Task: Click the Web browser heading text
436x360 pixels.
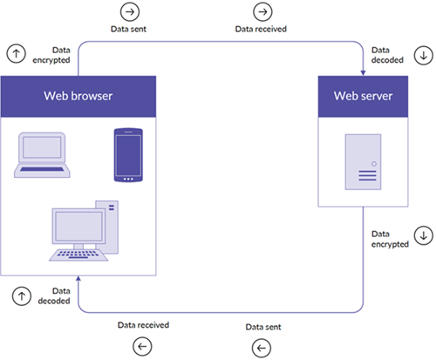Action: (78, 96)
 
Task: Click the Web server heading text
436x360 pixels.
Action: (363, 96)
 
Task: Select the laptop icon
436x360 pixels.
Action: (42, 155)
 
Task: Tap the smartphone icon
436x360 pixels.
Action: (128, 155)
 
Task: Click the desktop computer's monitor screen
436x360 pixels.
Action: (78, 226)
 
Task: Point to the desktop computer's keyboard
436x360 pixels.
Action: (78, 255)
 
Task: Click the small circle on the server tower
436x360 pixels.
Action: (374, 164)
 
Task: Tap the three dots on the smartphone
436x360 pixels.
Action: (128, 179)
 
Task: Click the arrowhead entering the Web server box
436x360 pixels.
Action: (363, 72)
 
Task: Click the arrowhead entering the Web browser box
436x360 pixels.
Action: (78, 279)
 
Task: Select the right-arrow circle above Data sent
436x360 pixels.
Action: (130, 11)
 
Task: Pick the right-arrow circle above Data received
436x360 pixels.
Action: (262, 11)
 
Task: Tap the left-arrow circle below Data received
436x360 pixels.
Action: (142, 346)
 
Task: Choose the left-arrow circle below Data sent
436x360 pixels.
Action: (262, 348)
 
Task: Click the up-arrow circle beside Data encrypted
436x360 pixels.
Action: (17, 53)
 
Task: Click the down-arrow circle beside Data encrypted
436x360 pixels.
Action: (424, 235)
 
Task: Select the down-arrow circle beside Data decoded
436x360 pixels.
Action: (424, 55)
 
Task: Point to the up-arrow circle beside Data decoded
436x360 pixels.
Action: (22, 296)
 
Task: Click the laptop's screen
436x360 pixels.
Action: (42, 147)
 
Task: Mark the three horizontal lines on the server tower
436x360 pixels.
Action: (367, 175)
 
